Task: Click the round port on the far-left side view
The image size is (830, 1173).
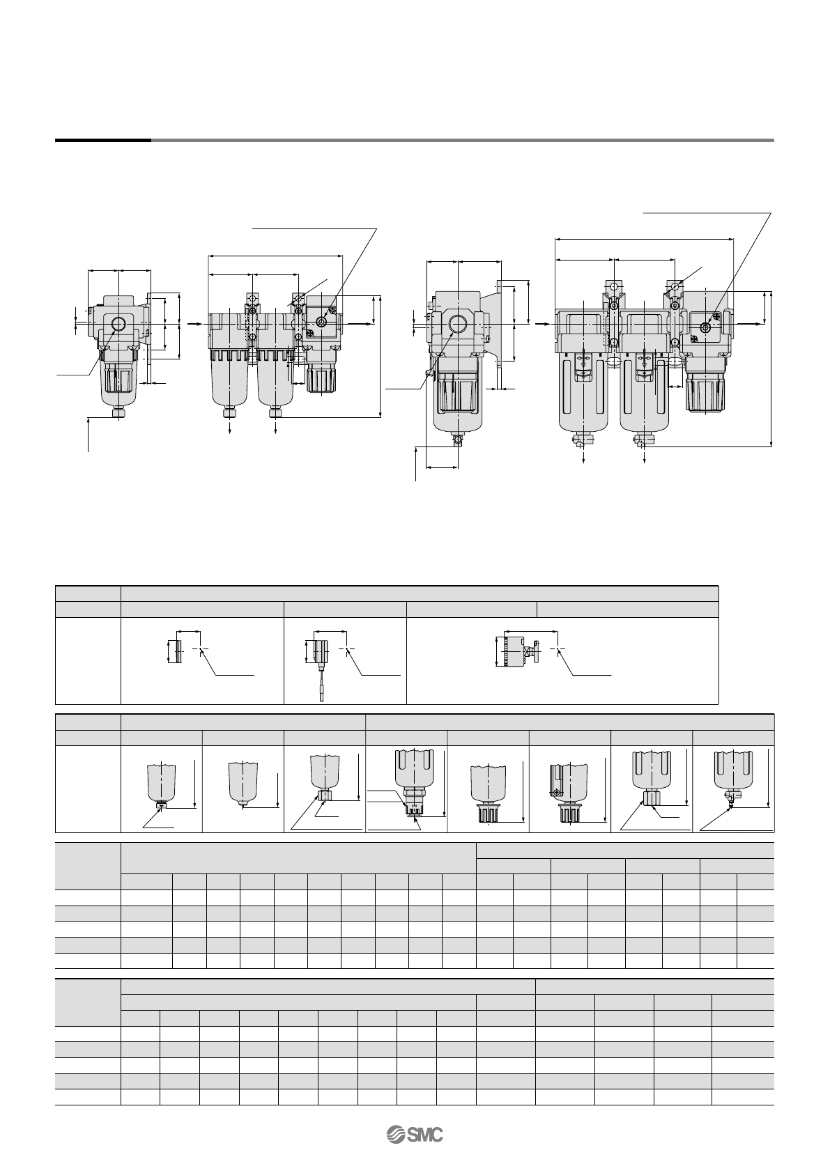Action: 118,324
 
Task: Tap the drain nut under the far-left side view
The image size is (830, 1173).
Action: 118,413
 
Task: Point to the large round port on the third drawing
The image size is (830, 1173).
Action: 458,325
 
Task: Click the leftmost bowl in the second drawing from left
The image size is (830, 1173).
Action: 231,380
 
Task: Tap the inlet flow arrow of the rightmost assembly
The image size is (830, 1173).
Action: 542,324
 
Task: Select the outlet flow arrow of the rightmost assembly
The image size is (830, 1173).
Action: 749,324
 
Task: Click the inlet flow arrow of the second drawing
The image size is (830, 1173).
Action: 197,324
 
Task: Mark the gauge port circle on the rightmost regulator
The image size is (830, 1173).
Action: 706,327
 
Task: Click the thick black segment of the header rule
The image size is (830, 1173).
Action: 103,141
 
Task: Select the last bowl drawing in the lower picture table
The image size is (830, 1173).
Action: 732,777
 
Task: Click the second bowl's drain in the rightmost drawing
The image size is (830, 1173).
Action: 644,440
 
